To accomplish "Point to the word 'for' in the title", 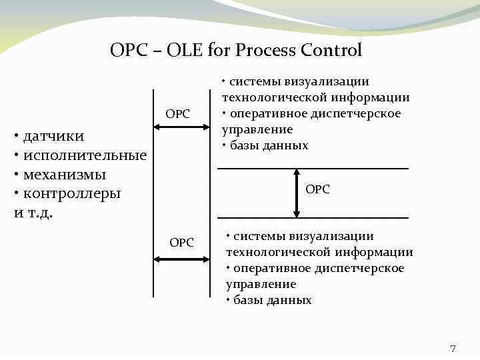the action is (x=214, y=50).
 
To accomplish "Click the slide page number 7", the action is (x=453, y=348).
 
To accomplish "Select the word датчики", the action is (x=53, y=137).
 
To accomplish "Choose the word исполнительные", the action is (x=84, y=156).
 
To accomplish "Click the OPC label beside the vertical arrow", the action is (x=317, y=190).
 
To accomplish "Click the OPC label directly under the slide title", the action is (x=178, y=115).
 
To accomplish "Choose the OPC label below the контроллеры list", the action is (x=181, y=243).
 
